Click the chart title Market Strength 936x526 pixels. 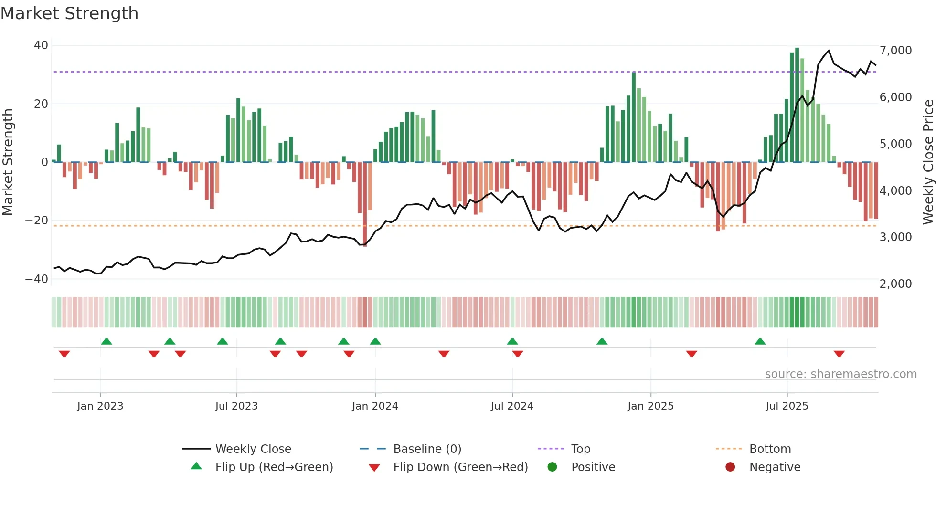[x=69, y=13]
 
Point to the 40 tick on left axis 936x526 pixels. [x=41, y=45]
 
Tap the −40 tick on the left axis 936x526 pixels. [x=37, y=279]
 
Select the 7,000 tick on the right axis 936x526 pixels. [x=895, y=51]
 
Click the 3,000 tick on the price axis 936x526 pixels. [x=895, y=237]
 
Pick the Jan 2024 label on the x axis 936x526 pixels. [x=375, y=406]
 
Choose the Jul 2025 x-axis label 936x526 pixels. [x=787, y=406]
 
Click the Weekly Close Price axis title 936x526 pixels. [x=928, y=162]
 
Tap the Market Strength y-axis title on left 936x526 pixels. [x=8, y=162]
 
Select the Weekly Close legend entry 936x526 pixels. [x=253, y=449]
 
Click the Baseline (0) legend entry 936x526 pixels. [x=427, y=449]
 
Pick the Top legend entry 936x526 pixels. [x=581, y=449]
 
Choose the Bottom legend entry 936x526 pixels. [x=770, y=449]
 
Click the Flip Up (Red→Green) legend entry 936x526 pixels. [x=274, y=467]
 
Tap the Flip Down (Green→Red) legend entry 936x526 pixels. [x=460, y=467]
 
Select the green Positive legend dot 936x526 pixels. [x=553, y=467]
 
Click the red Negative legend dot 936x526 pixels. [x=730, y=467]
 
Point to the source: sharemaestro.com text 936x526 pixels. [x=840, y=374]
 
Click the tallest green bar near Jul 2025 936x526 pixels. [x=797, y=105]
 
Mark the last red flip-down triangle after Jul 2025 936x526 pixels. [x=839, y=354]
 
